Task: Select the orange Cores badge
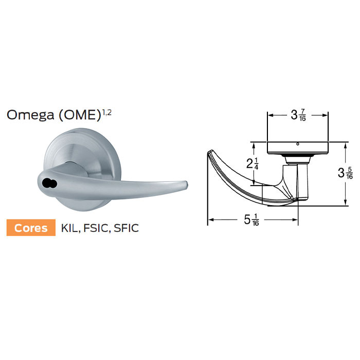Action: tap(31, 228)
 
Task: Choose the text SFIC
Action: tap(127, 228)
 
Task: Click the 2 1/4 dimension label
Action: tap(253, 164)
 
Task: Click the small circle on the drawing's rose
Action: tap(298, 144)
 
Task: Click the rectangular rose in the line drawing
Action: tap(298, 148)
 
